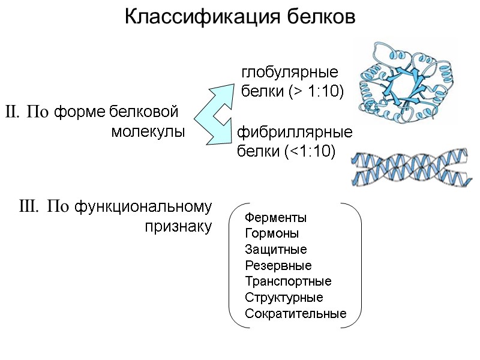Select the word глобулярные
point(290,73)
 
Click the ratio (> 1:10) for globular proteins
point(313,92)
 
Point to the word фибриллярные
point(295,132)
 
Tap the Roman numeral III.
point(28,208)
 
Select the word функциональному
point(144,208)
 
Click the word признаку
point(178,227)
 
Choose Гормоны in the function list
point(272,233)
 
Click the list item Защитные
point(276,250)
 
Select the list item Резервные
point(278,266)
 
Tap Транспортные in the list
point(288,281)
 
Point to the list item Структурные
point(284,298)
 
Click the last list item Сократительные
point(296,314)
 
